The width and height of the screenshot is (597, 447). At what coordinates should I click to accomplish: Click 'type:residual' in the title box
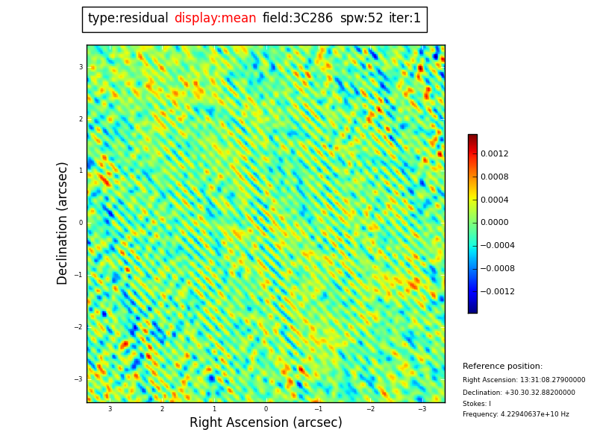pos(128,19)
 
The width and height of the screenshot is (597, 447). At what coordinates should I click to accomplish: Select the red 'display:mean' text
pos(215,19)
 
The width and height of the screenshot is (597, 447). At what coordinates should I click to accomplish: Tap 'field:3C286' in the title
pos(297,19)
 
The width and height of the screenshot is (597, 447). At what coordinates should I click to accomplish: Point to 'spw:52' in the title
pos(361,19)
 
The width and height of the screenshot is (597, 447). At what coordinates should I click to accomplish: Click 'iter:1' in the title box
pos(404,19)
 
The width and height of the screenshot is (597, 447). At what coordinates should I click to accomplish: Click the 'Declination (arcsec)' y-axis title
pos(63,223)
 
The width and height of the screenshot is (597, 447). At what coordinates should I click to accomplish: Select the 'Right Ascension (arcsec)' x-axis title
pos(266,423)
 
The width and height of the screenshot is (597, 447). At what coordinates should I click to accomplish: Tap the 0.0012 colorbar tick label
pos(494,154)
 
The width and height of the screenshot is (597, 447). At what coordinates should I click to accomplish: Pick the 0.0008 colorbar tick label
pos(494,177)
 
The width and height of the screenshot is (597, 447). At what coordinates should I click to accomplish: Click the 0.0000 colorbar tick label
pos(494,223)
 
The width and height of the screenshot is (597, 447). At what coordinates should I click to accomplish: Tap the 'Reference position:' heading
pos(502,367)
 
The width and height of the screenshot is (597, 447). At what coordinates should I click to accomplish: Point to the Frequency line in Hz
pos(516,414)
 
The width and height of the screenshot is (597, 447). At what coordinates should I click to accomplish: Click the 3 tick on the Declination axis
pos(81,67)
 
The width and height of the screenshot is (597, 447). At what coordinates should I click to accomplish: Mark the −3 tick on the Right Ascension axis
pos(422,409)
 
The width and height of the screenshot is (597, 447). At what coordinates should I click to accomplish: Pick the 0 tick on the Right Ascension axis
pos(266,409)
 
